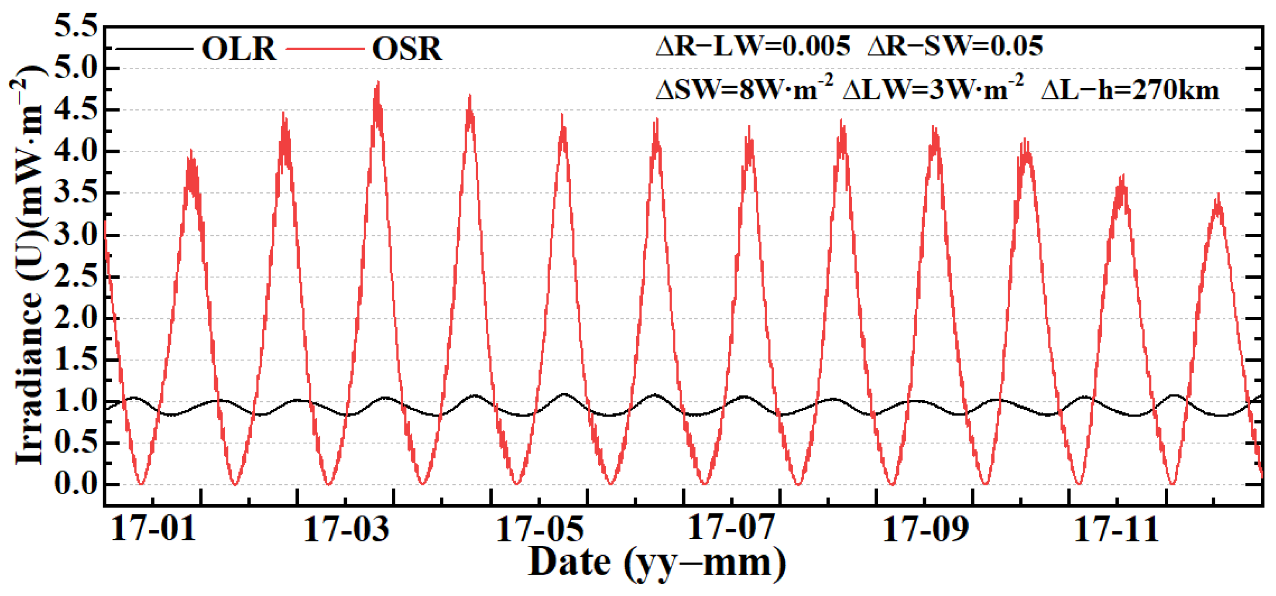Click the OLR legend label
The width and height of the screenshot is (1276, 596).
(239, 49)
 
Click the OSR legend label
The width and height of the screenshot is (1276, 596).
(406, 49)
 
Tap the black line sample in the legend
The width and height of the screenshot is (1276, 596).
(154, 49)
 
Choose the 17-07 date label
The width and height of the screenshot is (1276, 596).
(731, 529)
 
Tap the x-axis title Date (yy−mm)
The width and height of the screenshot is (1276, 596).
(657, 563)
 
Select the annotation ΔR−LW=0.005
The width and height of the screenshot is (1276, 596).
(752, 46)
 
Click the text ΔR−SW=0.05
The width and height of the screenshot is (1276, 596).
(955, 46)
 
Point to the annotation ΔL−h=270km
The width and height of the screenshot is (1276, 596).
(1130, 91)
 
